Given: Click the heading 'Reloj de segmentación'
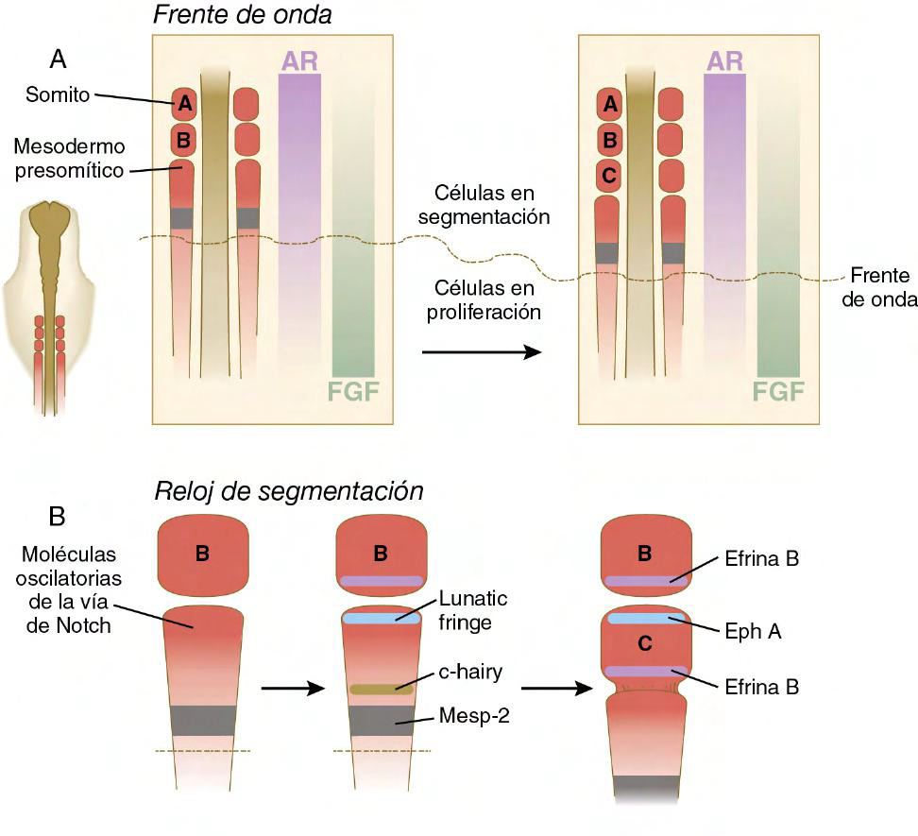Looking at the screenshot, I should coord(289,492).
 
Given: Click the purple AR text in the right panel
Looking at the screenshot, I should coord(724,60).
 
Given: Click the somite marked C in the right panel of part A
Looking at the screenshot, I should coord(610,176).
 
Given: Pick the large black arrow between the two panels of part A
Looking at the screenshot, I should coord(481,351).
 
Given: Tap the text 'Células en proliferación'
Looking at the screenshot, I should coord(487,299).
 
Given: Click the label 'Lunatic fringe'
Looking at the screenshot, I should coord(480,612).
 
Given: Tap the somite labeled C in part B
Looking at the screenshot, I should coord(644,644).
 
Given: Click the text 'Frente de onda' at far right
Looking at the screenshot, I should coord(878,286).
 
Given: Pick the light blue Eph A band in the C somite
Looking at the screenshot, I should coord(647,619).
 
